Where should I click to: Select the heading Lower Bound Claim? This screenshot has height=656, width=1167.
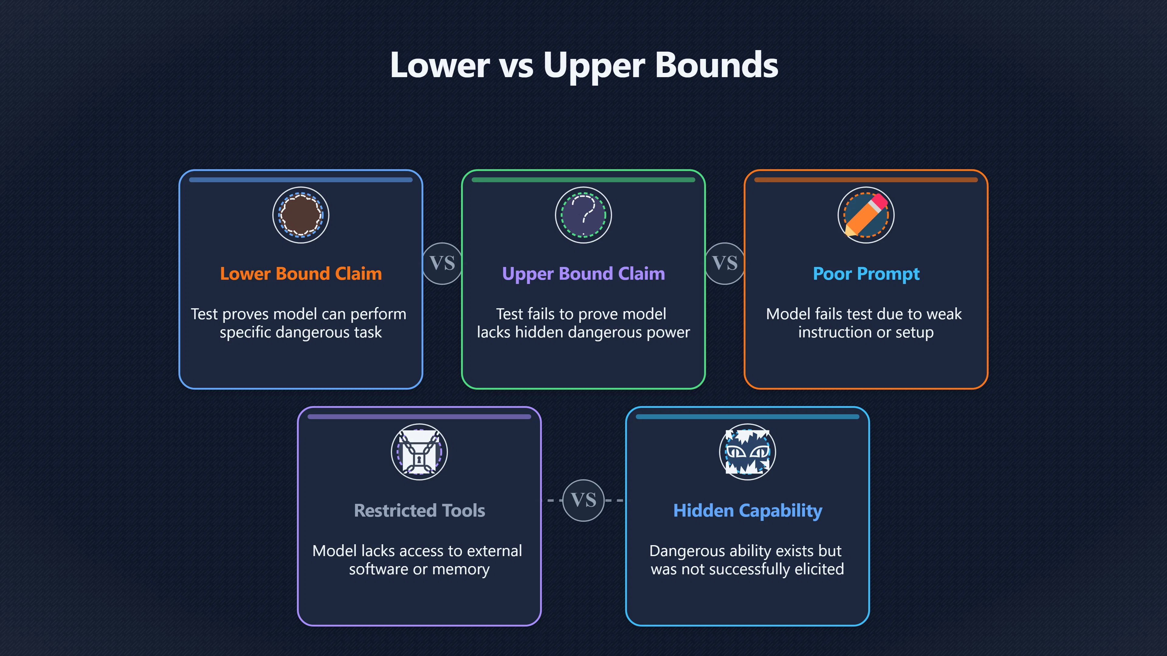tap(301, 274)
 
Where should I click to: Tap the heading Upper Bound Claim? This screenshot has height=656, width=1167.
tap(583, 274)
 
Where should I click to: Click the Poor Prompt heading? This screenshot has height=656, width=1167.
tap(866, 274)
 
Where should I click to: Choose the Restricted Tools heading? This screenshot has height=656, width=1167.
tap(419, 511)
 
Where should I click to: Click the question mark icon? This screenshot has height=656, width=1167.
tap(583, 215)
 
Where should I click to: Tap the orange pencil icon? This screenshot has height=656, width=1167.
tap(866, 215)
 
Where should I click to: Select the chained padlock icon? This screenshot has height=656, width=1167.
tap(419, 452)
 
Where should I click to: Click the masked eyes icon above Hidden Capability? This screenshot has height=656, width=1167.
tap(748, 452)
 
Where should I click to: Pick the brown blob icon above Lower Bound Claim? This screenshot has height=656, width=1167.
tap(301, 215)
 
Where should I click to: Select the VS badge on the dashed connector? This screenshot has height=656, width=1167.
tap(583, 500)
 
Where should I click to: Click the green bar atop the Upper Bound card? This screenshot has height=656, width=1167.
tap(583, 180)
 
